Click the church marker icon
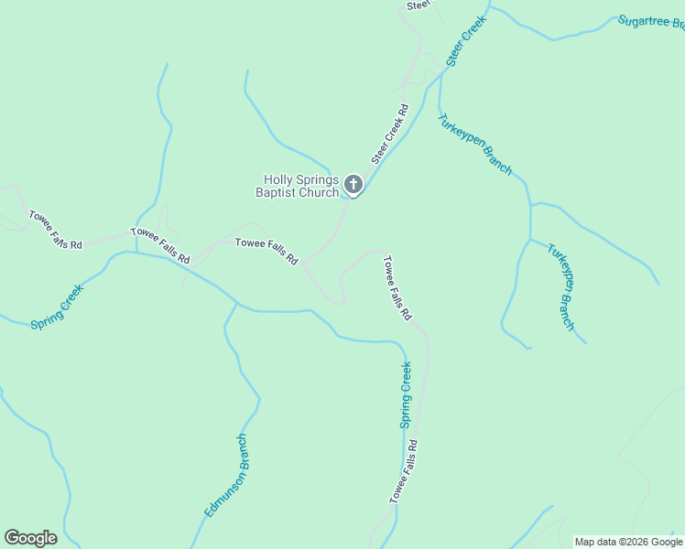pyautogui.click(x=353, y=185)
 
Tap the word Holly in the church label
pyautogui.click(x=279, y=180)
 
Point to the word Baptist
pyautogui.click(x=278, y=192)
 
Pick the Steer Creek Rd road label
pyautogui.click(x=389, y=134)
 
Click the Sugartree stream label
pyautogui.click(x=650, y=22)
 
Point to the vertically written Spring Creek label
pyautogui.click(x=405, y=394)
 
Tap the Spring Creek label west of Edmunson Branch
pyautogui.click(x=57, y=307)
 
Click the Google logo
pyautogui.click(x=30, y=538)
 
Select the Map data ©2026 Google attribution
pyautogui.click(x=627, y=542)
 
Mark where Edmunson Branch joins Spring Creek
pyautogui.click(x=237, y=303)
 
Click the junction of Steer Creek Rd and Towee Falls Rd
pyautogui.click(x=304, y=264)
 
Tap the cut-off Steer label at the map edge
pyautogui.click(x=419, y=5)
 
